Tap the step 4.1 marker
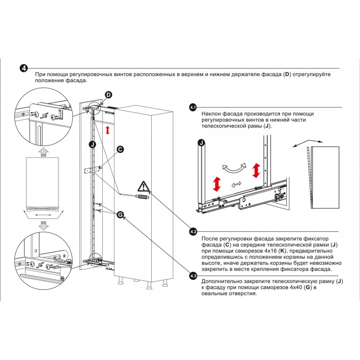click(x=193, y=108)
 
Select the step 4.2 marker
click(x=193, y=231)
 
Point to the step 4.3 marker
click(x=193, y=275)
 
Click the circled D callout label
click(x=108, y=94)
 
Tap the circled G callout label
click(x=120, y=215)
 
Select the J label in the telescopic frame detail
click(x=201, y=143)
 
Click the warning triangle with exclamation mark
click(x=143, y=186)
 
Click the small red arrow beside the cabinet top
click(x=107, y=130)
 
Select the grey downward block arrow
click(x=43, y=226)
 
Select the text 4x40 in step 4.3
click(x=293, y=287)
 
